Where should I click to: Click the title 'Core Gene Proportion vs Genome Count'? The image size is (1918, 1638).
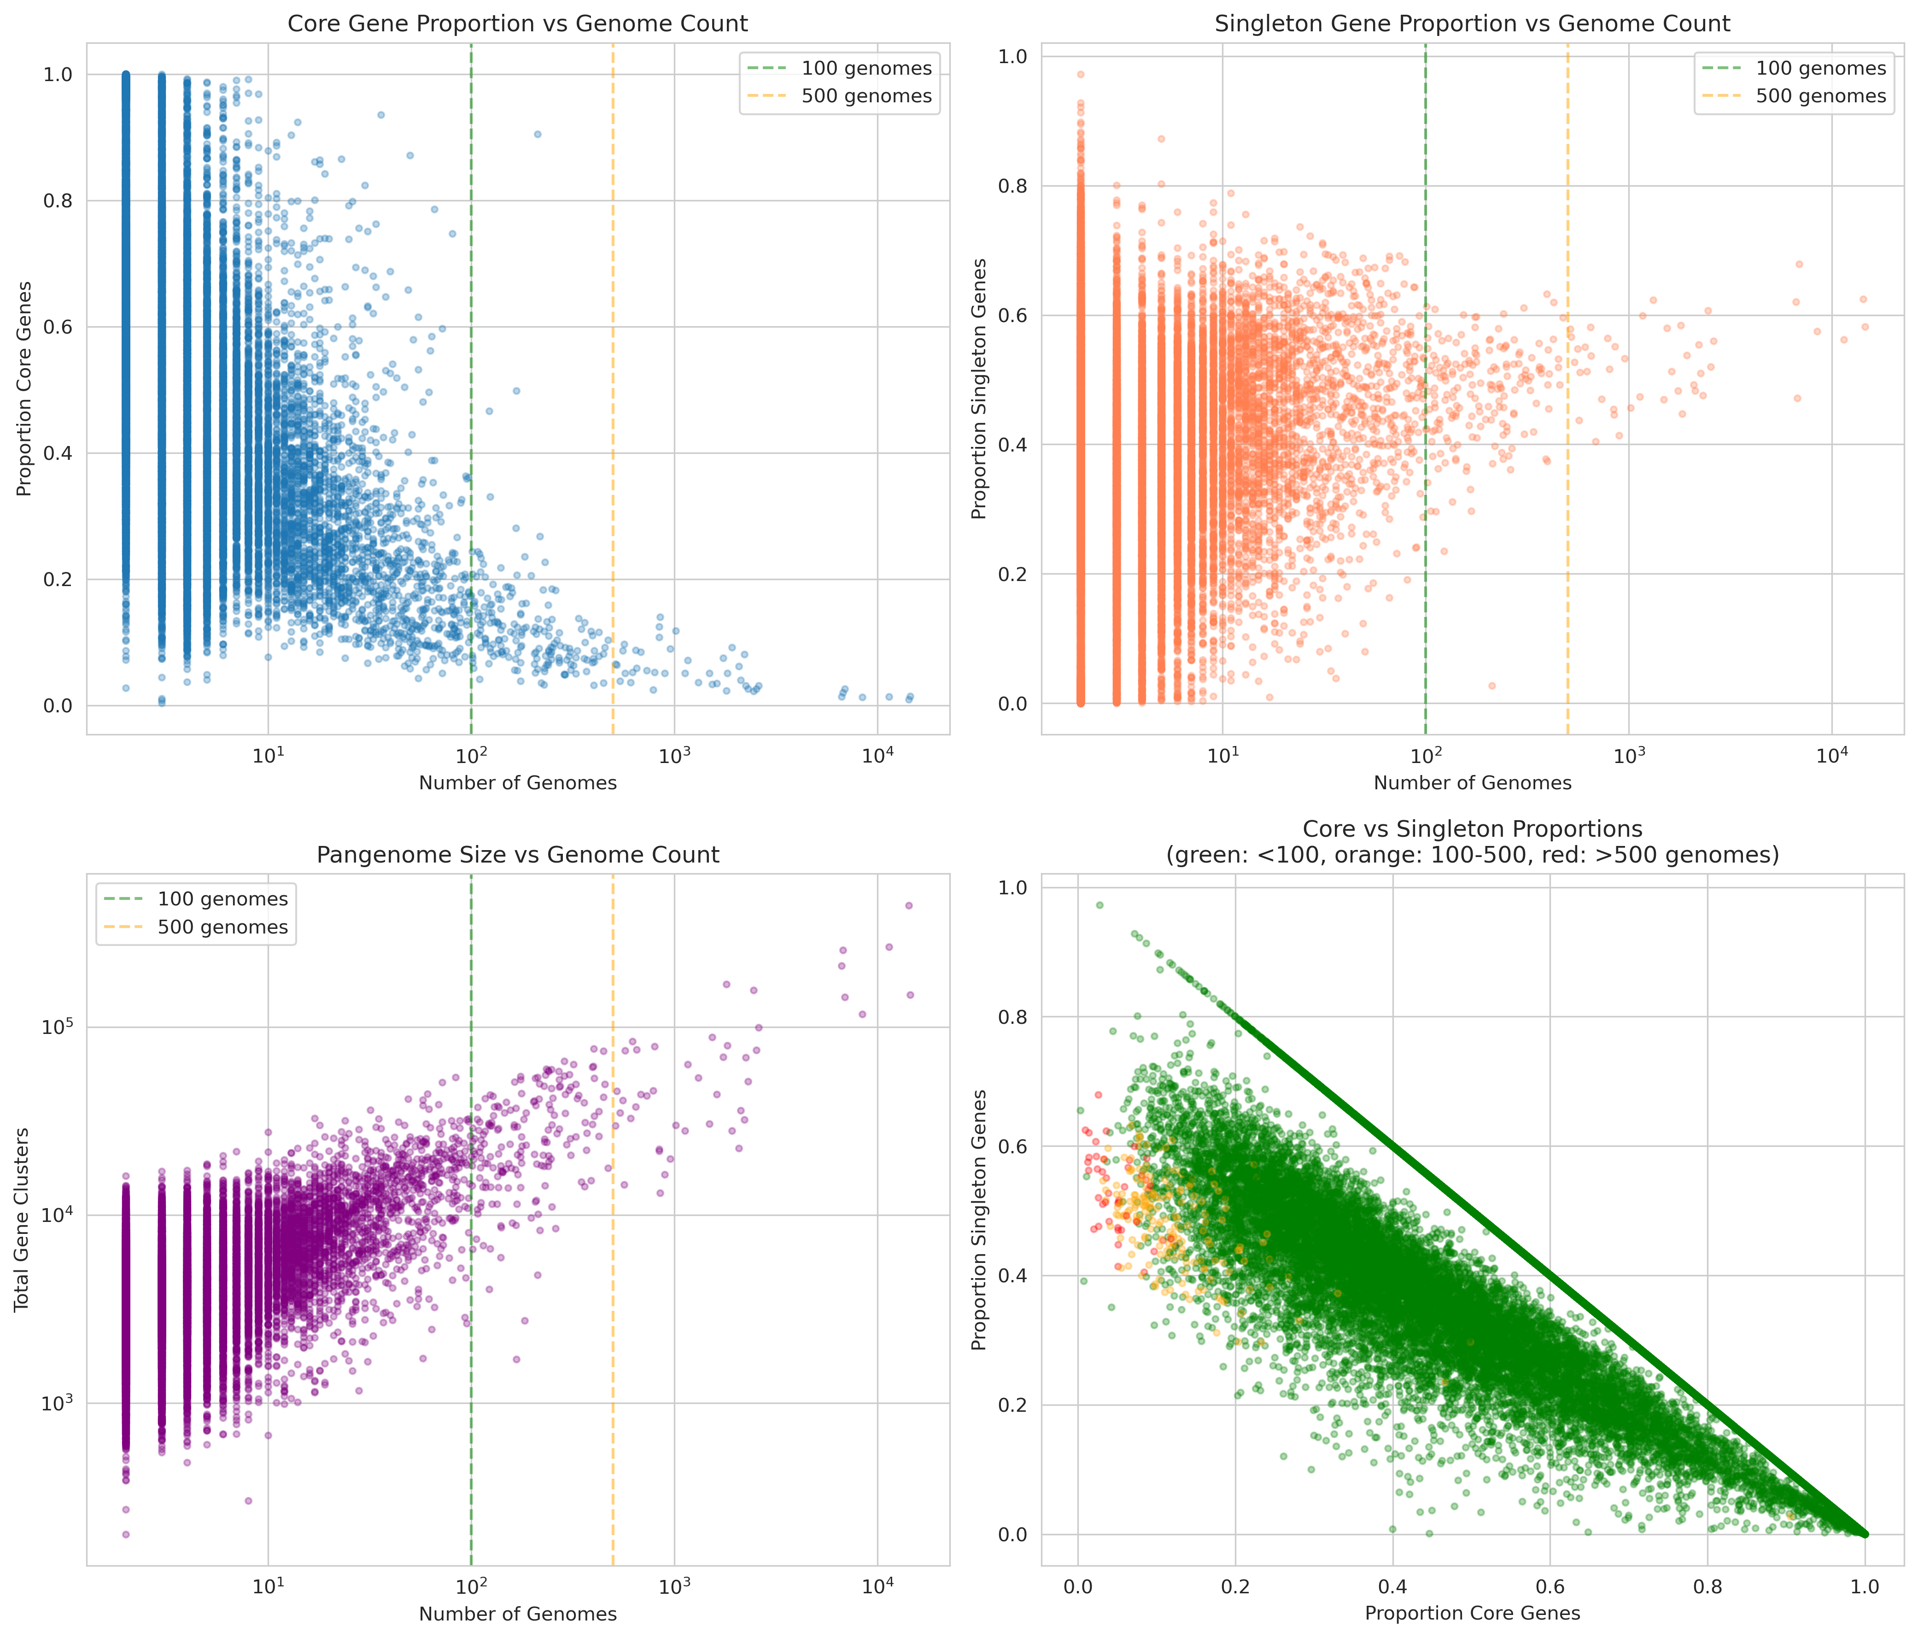point(517,23)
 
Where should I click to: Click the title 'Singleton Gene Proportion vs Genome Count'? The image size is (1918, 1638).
point(1472,23)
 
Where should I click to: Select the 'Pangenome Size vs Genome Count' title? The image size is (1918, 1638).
point(517,855)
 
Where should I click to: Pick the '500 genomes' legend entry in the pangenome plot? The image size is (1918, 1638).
point(222,927)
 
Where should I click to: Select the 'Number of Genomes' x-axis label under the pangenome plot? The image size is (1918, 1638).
point(517,1614)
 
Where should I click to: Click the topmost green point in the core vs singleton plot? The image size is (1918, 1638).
point(1099,904)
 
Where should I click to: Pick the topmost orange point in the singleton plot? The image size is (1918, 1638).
point(1080,74)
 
